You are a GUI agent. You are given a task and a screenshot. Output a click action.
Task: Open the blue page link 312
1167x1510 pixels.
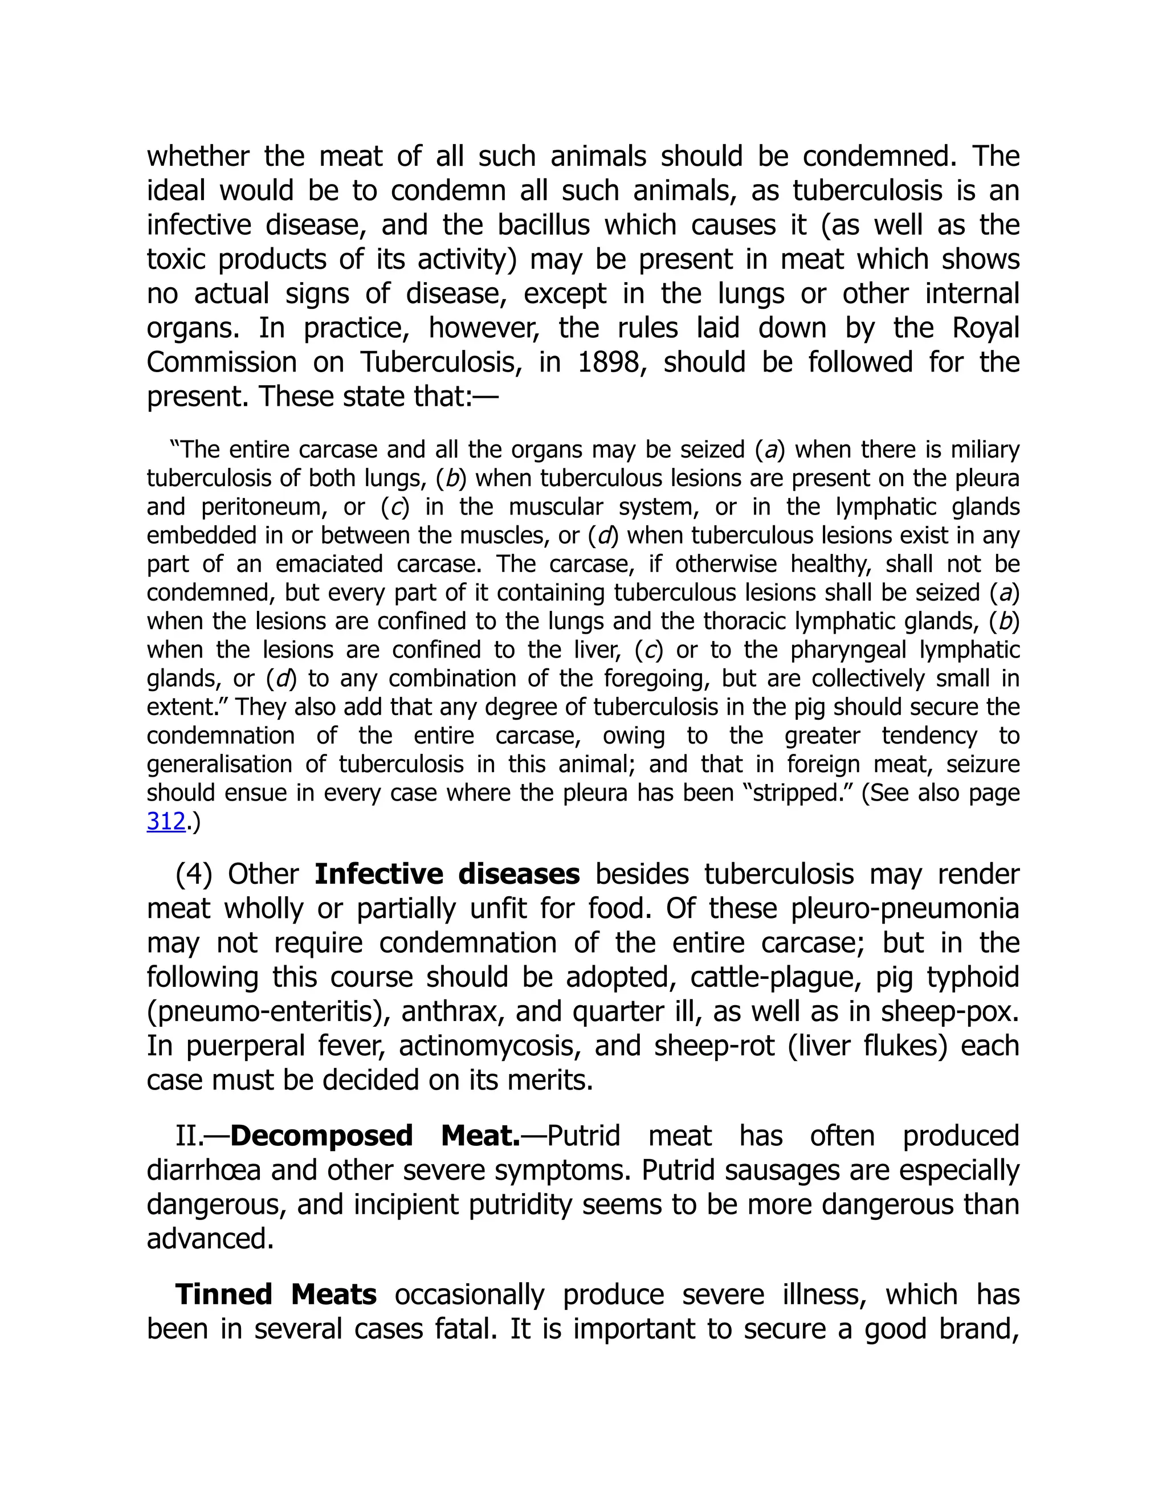[166, 821]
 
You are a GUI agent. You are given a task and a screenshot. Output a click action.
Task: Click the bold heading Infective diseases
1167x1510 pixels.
[447, 874]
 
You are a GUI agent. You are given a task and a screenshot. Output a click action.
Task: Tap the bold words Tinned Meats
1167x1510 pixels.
[276, 1294]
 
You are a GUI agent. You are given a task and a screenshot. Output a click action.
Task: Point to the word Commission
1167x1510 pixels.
[221, 362]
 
